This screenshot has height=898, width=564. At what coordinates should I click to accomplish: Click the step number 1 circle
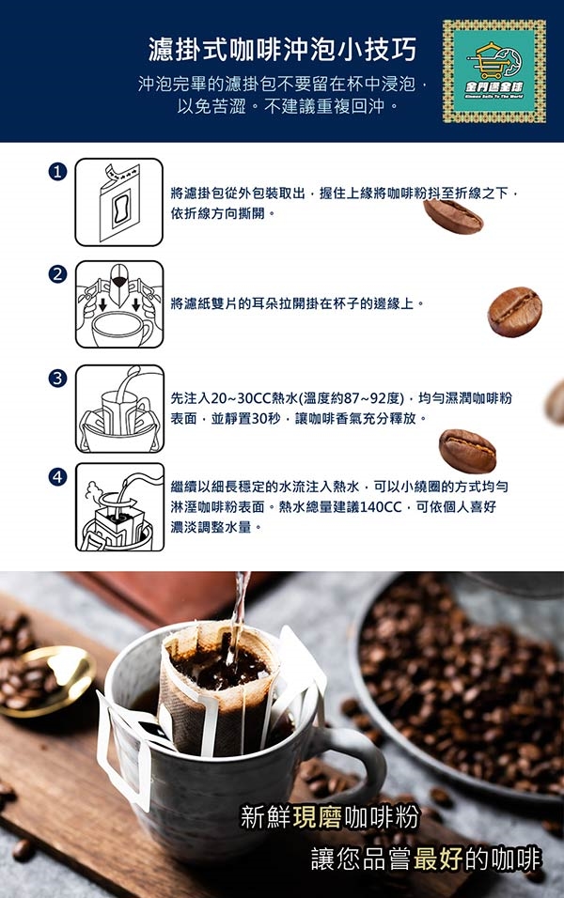click(x=57, y=171)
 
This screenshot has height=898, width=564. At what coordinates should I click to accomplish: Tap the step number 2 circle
click(x=57, y=274)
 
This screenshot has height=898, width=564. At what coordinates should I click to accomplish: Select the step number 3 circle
click(x=57, y=378)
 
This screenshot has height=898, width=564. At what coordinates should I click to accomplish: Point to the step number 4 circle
click(x=57, y=476)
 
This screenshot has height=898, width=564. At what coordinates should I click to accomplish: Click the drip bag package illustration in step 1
click(x=119, y=202)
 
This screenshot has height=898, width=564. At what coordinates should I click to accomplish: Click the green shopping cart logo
click(x=494, y=71)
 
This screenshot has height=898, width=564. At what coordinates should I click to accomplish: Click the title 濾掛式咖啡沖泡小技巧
click(x=282, y=49)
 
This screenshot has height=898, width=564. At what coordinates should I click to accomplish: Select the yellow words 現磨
click(x=318, y=817)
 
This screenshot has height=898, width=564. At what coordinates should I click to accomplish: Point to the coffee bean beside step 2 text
click(x=515, y=312)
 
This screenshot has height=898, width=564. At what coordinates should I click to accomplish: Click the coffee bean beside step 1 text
click(x=453, y=216)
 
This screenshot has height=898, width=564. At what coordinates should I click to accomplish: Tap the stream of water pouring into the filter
click(x=236, y=618)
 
